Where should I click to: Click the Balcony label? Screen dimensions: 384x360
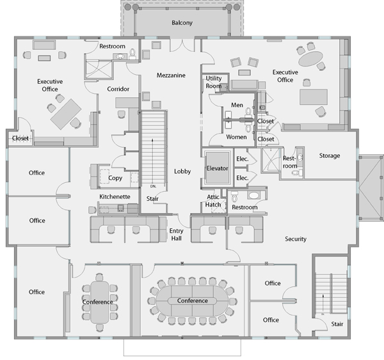coord(182,23)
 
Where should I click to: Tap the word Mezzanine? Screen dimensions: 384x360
coord(171,75)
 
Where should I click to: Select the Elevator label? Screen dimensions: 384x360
coord(217,168)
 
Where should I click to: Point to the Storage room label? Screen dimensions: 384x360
coord(330,155)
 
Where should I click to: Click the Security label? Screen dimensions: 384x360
coord(296,239)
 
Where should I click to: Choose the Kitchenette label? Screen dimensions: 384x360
coord(115,196)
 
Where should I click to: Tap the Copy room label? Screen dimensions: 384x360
coord(115,178)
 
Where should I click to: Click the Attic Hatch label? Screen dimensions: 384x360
coord(213,201)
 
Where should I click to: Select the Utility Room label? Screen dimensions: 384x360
coord(214,82)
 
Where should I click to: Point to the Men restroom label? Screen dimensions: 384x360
coord(237,105)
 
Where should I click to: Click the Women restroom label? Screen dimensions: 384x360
coord(236,137)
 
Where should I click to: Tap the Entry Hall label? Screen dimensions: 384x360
coord(176,235)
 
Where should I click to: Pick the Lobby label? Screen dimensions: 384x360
coord(182,171)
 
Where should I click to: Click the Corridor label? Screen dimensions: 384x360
coord(118,89)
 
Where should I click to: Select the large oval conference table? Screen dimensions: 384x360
coord(192,301)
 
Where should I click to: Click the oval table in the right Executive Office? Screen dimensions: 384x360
coord(311,59)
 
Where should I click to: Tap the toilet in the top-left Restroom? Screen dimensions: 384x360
coord(132,54)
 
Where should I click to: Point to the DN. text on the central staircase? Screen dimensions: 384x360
coord(153,186)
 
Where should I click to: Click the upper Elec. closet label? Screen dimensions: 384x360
coord(242,159)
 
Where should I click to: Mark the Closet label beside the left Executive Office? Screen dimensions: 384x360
coord(20,138)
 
